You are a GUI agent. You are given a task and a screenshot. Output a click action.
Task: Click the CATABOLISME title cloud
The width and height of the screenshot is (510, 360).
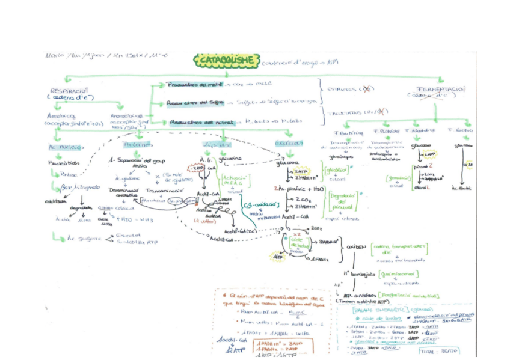[227, 60]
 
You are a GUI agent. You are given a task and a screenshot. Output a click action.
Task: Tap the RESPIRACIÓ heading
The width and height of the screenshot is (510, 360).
[70, 89]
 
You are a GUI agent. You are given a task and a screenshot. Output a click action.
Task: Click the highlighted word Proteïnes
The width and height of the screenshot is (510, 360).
[135, 144]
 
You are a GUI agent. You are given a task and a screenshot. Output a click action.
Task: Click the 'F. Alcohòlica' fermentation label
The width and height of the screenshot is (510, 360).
[420, 130]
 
